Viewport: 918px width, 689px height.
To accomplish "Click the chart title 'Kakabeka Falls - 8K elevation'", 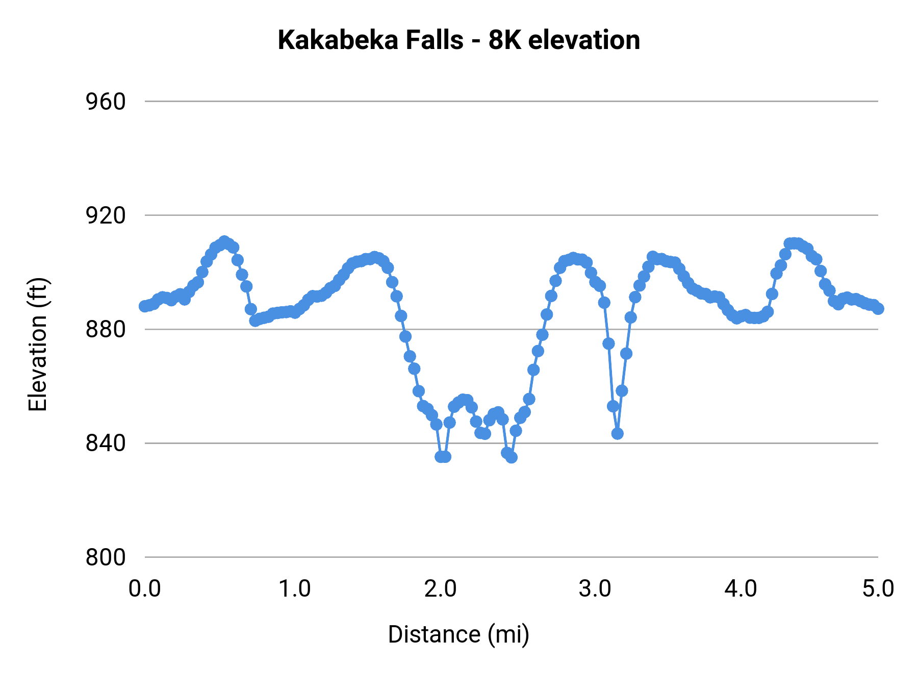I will (458, 40).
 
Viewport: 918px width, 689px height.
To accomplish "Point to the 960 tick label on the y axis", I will (106, 102).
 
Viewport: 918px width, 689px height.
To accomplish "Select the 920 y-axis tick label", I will (106, 216).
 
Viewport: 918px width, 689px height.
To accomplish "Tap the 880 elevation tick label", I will (106, 330).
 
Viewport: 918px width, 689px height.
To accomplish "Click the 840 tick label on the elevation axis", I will (106, 444).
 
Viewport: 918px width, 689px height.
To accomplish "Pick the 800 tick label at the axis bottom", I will (106, 557).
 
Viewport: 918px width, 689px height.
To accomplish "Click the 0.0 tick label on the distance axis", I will (145, 589).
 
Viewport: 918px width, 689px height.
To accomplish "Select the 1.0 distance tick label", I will (294, 589).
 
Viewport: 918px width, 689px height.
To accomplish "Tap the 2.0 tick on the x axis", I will (441, 589).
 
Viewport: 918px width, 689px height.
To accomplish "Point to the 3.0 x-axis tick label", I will (595, 589).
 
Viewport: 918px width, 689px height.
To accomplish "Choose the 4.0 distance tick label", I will (741, 589).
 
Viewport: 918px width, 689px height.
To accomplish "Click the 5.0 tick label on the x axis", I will (878, 589).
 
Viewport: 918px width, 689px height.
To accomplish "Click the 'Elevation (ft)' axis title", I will (38, 344).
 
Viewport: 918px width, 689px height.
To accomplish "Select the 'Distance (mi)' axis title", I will (458, 634).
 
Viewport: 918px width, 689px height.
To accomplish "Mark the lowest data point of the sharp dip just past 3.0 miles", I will (617, 434).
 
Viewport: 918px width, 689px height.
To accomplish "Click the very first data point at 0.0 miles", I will (145, 306).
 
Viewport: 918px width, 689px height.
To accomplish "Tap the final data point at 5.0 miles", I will (878, 309).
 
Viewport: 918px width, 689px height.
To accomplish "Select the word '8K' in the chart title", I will (505, 40).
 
